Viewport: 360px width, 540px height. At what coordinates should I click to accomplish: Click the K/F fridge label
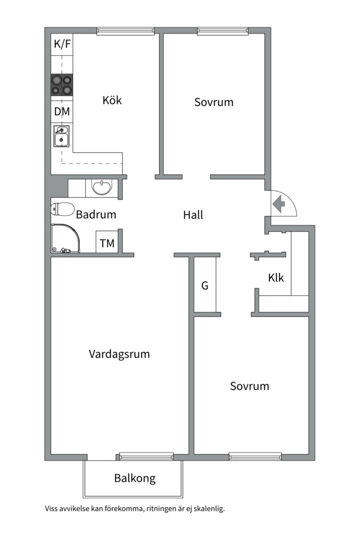(62, 44)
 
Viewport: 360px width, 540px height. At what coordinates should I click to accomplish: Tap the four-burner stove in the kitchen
(61, 85)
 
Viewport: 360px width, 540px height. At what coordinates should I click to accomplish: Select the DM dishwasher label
(62, 111)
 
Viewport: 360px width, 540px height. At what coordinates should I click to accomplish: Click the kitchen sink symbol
(61, 135)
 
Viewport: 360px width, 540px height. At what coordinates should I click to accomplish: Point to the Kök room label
(112, 100)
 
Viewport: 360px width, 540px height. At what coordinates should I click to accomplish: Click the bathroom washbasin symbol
(102, 187)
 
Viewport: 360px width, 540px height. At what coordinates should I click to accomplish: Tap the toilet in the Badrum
(62, 209)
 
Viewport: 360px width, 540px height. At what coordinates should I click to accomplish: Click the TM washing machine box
(107, 243)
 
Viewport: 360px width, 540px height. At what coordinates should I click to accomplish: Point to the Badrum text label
(96, 215)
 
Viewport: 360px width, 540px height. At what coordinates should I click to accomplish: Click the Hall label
(193, 215)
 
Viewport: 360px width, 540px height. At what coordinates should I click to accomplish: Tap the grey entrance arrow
(278, 204)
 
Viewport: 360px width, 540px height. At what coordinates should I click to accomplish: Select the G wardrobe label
(204, 286)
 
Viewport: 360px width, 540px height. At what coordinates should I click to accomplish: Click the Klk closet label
(276, 277)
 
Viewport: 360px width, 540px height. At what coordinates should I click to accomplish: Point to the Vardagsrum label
(119, 354)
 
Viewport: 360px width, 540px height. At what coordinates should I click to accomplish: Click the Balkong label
(134, 478)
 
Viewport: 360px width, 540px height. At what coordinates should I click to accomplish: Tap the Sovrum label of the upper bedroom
(214, 102)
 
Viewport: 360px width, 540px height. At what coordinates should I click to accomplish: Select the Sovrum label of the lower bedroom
(249, 386)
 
